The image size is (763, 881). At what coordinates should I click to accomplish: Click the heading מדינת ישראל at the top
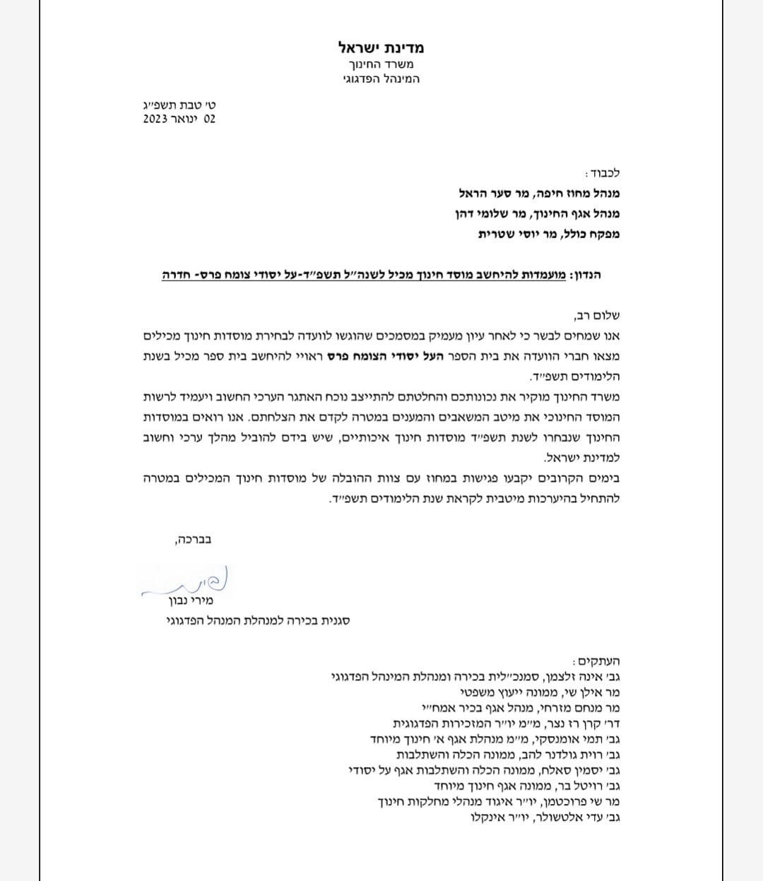tap(381, 48)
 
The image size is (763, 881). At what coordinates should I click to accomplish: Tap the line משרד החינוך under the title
tap(381, 64)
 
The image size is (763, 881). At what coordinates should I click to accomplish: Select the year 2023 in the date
tap(155, 119)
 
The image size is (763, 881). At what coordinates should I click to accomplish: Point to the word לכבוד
tap(603, 173)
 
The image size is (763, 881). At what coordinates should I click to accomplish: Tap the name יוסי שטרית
tap(506, 234)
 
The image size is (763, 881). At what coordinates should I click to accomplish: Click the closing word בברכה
tap(192, 539)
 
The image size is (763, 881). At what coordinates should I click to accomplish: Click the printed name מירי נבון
tap(191, 601)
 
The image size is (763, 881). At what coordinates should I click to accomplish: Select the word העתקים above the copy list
tap(598, 661)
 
